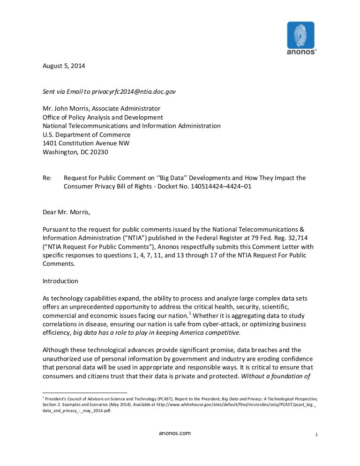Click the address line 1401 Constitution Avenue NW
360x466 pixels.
pyautogui.click(x=86, y=143)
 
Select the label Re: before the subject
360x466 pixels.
pyautogui.click(x=47, y=178)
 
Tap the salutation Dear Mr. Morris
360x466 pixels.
pyautogui.click(x=66, y=212)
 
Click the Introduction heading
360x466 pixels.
pyautogui.click(x=60, y=281)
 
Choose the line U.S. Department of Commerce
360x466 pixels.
pyautogui.click(x=87, y=135)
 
